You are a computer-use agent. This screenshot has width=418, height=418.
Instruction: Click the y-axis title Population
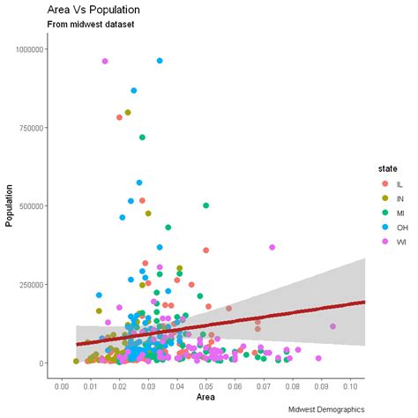[x=10, y=205]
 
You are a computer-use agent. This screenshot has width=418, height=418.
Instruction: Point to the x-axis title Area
[x=205, y=397]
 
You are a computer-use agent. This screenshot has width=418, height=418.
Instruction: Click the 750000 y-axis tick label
[x=33, y=128]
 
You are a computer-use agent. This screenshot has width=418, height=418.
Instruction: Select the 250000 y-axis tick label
[x=33, y=285]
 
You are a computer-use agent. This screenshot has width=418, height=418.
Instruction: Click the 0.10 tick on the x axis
[x=350, y=384]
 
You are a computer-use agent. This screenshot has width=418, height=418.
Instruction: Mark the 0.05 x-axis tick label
[x=205, y=384]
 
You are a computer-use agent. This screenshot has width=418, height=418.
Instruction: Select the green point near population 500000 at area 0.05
[x=206, y=205]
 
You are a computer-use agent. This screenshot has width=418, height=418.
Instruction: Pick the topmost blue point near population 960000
[x=160, y=61]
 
